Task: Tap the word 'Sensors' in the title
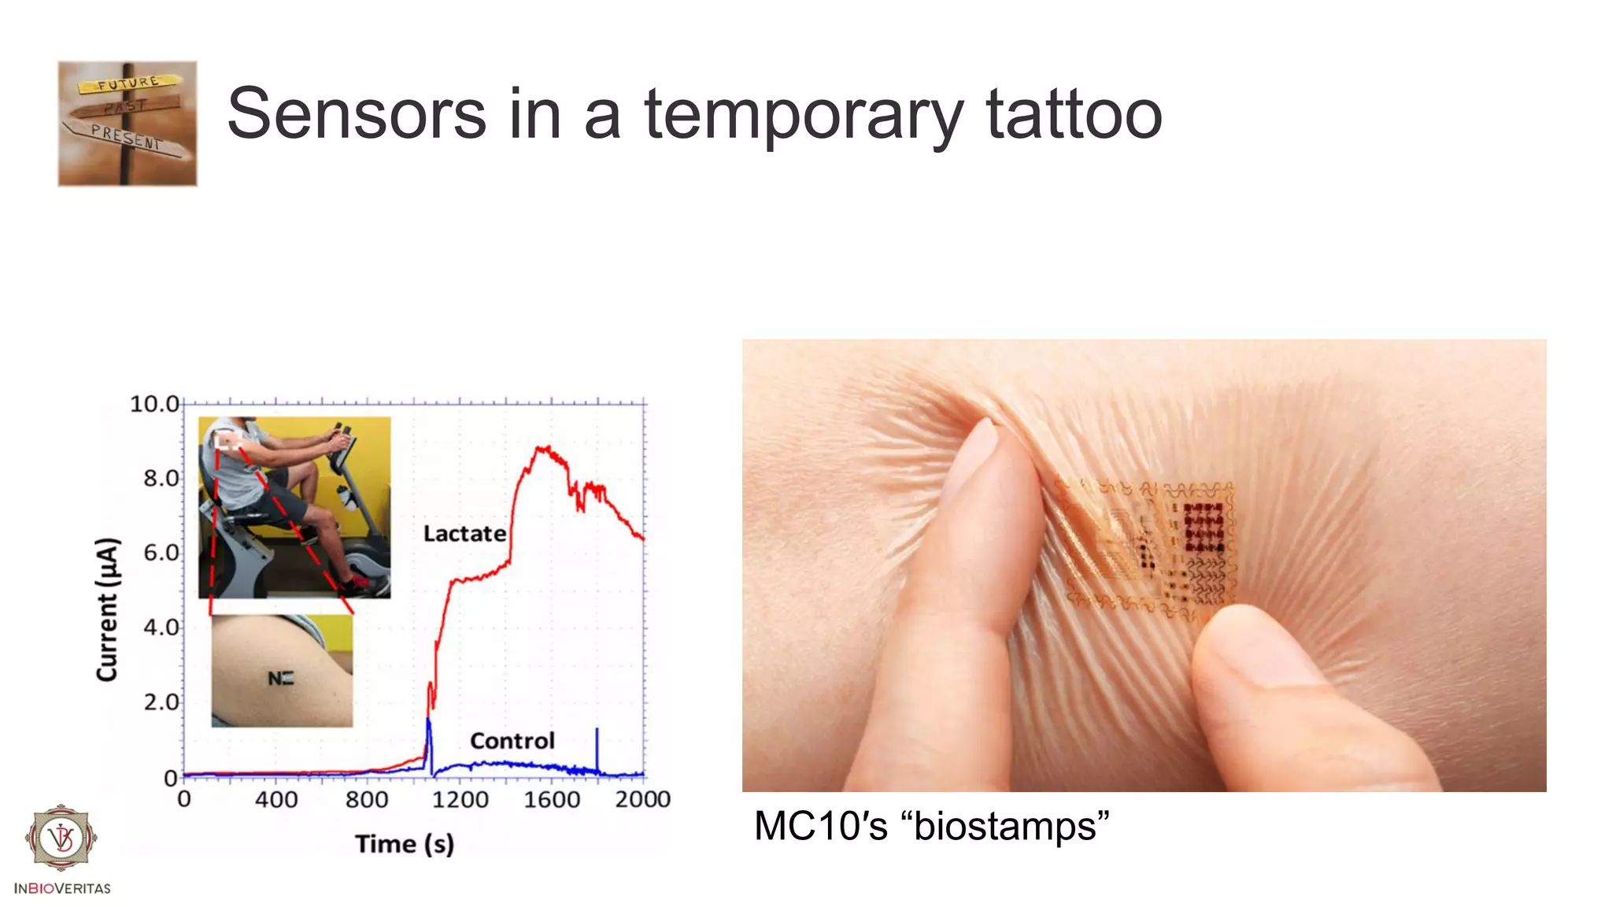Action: click(x=357, y=115)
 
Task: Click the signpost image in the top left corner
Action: click(x=128, y=124)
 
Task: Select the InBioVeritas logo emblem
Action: click(x=61, y=838)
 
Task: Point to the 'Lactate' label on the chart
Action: click(x=464, y=534)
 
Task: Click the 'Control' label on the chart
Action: click(x=512, y=741)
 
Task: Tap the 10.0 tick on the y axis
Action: click(x=154, y=405)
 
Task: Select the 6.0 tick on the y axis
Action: click(x=161, y=553)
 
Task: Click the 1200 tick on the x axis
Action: click(x=460, y=800)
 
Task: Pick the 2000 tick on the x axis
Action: click(x=642, y=800)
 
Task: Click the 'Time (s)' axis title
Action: click(x=405, y=844)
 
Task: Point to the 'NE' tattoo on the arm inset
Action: click(x=280, y=678)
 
